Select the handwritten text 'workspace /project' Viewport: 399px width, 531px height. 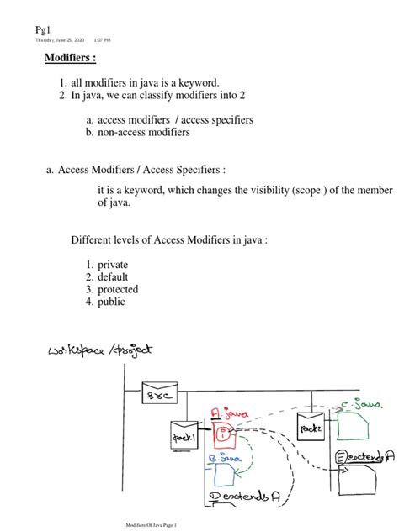pos(105,350)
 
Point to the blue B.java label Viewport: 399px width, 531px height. pos(223,460)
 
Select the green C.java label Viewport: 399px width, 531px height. pos(356,405)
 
